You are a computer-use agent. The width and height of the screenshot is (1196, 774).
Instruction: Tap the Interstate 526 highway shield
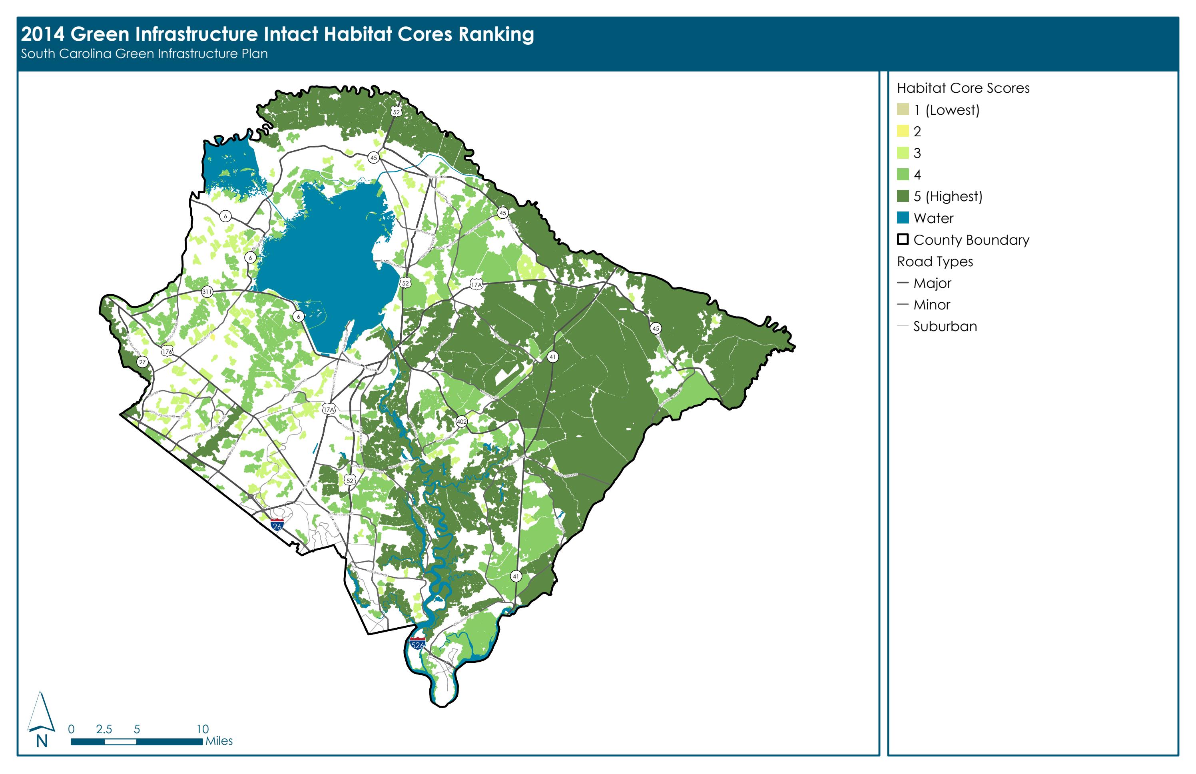pos(418,643)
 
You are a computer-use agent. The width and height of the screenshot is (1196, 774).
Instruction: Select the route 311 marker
pos(207,291)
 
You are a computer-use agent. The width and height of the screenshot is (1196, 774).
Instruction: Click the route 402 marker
pos(461,422)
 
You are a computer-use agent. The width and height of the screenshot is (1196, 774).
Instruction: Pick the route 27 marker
pos(143,362)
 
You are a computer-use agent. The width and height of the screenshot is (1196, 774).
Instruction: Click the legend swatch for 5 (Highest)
pos(903,196)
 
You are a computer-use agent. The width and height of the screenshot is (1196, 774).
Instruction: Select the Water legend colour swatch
pos(903,217)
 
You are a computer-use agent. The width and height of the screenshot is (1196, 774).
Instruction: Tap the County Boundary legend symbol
pos(903,239)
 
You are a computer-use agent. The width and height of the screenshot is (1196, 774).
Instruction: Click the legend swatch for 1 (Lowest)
pos(903,110)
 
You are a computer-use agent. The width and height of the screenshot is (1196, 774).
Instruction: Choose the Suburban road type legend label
pos(945,326)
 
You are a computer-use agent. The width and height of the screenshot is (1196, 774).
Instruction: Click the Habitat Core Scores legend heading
pos(963,88)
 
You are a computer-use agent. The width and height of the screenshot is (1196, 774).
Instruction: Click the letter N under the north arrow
pos(42,741)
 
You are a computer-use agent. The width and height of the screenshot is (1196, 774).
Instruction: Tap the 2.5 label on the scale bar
pos(104,729)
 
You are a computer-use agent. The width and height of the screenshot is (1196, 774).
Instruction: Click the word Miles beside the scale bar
pos(219,741)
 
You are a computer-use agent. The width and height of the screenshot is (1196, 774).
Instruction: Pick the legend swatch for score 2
pos(903,131)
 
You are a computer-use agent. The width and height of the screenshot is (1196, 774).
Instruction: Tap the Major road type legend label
pos(932,283)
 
